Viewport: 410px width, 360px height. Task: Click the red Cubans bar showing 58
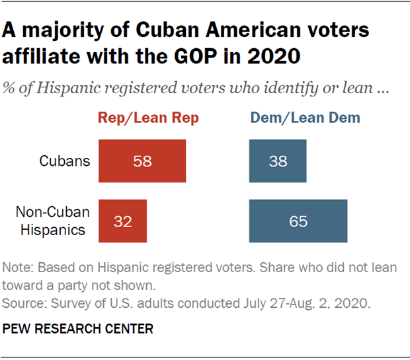pos(142,161)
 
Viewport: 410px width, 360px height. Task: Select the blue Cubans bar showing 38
pos(278,161)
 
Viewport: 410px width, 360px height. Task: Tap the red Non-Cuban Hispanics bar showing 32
pos(122,221)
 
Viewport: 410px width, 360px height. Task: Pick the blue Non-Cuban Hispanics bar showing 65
pos(298,221)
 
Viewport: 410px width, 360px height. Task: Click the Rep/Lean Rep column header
pos(148,118)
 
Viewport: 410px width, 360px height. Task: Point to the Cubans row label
pos(64,161)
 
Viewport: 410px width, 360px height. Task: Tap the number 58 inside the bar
pos(142,161)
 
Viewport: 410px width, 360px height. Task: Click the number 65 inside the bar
pos(298,221)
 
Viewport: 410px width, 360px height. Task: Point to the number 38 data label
pos(278,161)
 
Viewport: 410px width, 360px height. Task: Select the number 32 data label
pos(122,221)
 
